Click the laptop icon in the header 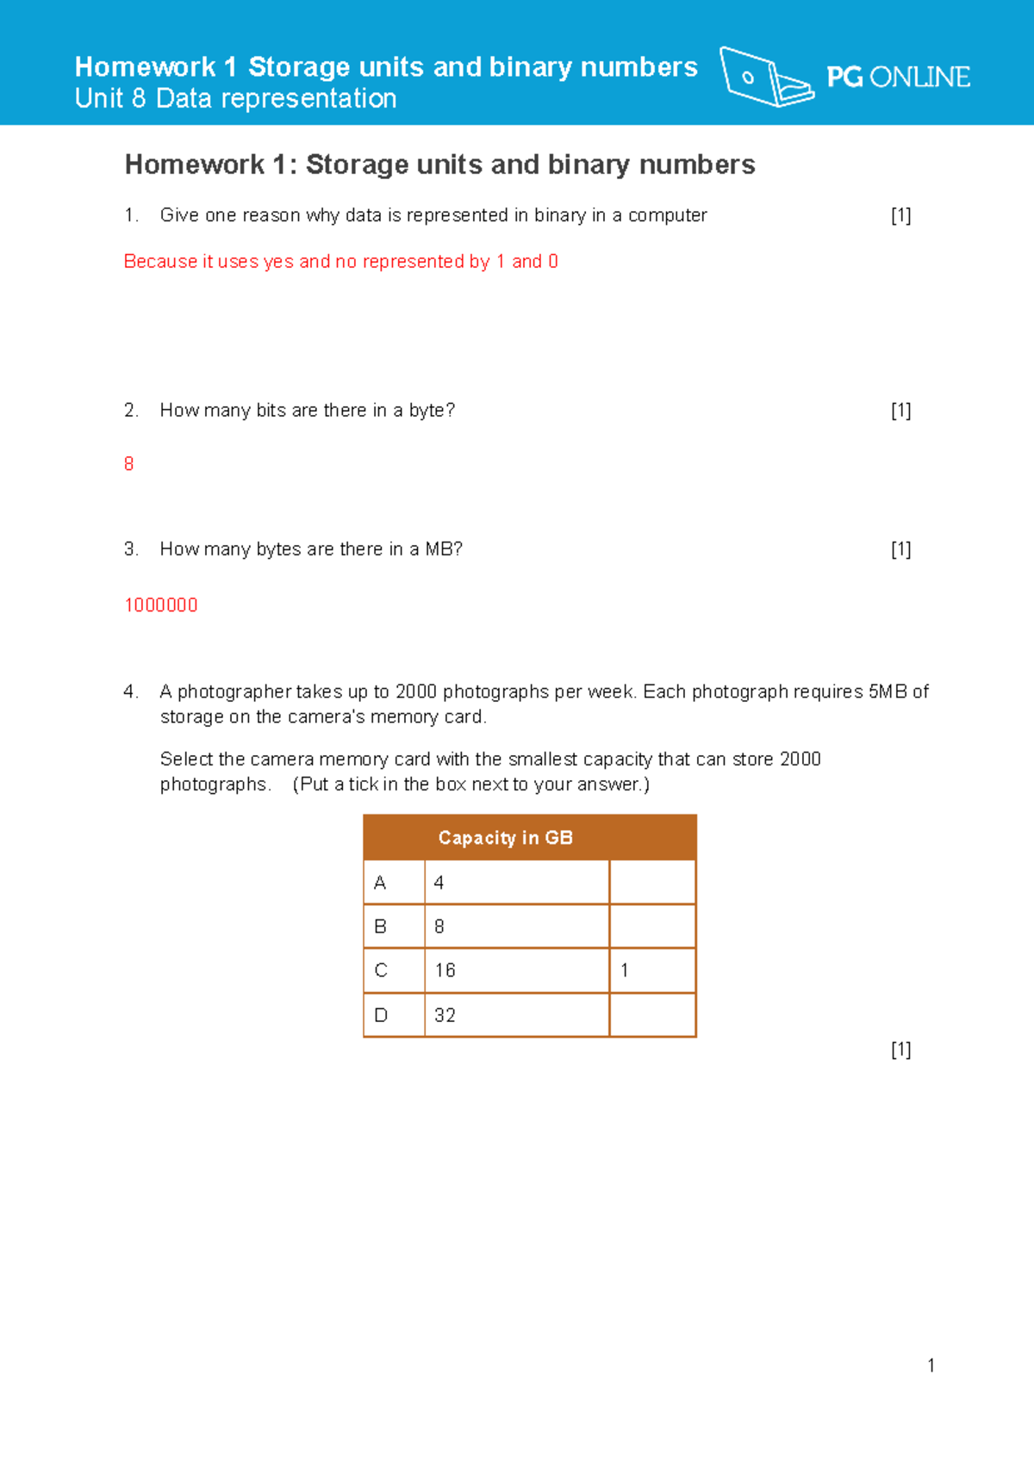[x=765, y=77]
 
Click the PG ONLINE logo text [x=898, y=77]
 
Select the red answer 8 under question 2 [x=129, y=464]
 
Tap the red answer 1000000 [x=161, y=605]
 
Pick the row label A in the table [x=380, y=883]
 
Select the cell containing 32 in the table [x=516, y=1015]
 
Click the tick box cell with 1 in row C [x=652, y=970]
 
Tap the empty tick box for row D [x=652, y=1015]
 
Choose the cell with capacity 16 [x=516, y=970]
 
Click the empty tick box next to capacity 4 [x=652, y=883]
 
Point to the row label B [x=380, y=926]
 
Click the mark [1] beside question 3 [x=900, y=549]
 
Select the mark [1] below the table [x=900, y=1050]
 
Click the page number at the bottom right [x=931, y=1366]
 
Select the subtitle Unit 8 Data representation [x=235, y=99]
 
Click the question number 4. [x=130, y=691]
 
